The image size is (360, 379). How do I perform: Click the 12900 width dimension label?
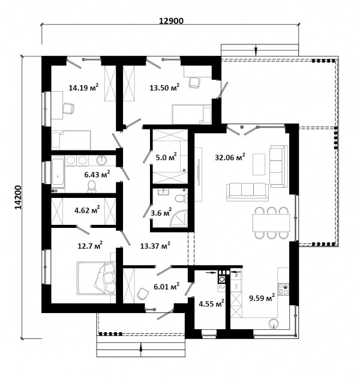coord(171,21)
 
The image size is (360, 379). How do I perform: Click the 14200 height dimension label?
coord(19,197)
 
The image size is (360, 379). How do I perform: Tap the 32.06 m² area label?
coord(230,157)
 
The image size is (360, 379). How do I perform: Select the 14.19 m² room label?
coord(83,88)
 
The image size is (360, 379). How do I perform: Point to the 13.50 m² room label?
coord(164,88)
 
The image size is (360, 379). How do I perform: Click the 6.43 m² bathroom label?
coord(97,175)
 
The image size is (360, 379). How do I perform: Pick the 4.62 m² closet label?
coord(87,210)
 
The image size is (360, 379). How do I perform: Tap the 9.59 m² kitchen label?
coord(262,297)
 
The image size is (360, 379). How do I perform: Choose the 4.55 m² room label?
coord(211,303)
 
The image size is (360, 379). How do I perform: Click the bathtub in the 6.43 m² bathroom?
coord(58,172)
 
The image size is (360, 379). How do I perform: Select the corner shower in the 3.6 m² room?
coord(179,219)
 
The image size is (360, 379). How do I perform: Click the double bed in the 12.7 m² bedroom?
coord(96,278)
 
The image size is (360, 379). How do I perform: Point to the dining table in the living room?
coord(271,223)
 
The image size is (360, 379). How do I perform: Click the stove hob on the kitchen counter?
coord(283,289)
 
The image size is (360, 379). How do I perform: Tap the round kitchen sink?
coord(274,323)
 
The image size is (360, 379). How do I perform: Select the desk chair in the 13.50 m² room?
coord(194,83)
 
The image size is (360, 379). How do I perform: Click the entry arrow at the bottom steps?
coord(141,349)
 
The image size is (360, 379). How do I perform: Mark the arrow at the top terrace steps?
coord(256,50)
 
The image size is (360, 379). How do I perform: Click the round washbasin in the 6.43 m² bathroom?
coord(101,161)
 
